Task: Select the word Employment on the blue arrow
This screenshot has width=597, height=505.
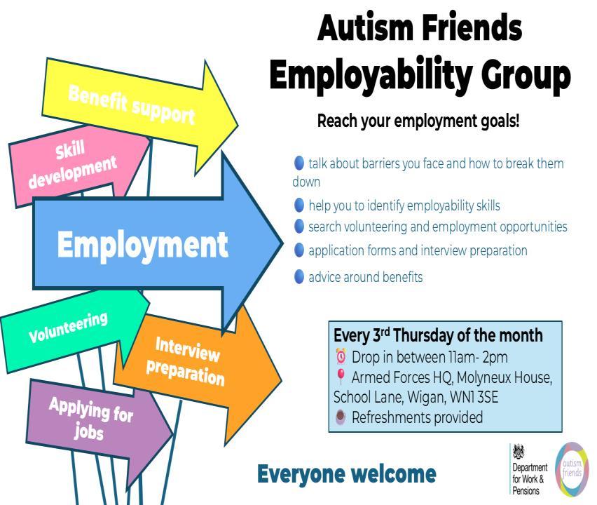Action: point(142,245)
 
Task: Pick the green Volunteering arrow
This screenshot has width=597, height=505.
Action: point(69,328)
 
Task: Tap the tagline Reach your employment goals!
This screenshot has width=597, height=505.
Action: point(418,121)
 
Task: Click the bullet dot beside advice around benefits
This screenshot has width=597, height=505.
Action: point(299,277)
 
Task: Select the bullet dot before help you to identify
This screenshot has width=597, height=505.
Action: point(299,205)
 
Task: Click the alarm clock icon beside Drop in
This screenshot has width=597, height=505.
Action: point(341,356)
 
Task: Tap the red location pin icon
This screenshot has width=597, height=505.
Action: point(341,377)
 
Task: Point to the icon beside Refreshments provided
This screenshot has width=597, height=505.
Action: point(341,417)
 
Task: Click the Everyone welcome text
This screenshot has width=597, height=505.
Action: point(347,473)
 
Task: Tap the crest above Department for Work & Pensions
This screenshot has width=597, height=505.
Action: point(519,452)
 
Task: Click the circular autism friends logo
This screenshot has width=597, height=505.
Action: point(572,469)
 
